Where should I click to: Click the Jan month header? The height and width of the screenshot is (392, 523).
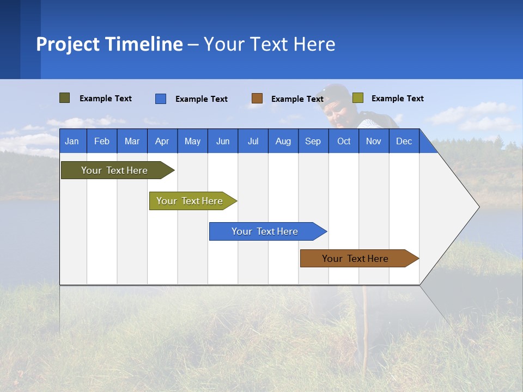click(x=72, y=141)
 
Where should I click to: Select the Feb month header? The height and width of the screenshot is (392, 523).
click(x=102, y=141)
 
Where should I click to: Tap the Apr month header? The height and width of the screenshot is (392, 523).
click(x=162, y=141)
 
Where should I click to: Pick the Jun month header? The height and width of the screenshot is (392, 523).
click(x=223, y=141)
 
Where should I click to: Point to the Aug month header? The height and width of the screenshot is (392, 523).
click(x=283, y=141)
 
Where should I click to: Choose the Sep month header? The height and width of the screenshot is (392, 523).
click(x=313, y=141)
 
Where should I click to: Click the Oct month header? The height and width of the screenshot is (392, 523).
click(x=344, y=141)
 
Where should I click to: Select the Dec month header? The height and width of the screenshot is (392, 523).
click(x=404, y=141)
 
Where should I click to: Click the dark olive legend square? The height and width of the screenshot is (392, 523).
click(x=64, y=98)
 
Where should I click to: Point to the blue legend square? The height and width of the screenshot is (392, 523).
click(x=160, y=99)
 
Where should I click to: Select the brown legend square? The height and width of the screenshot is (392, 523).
click(x=257, y=99)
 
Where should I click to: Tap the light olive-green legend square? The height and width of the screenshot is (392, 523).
click(x=357, y=98)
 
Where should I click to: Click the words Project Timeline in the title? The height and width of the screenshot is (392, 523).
click(x=110, y=44)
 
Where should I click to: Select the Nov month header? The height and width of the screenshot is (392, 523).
click(x=374, y=141)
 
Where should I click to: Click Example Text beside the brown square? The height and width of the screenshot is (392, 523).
click(x=297, y=99)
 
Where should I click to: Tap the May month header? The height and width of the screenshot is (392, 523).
click(x=192, y=141)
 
